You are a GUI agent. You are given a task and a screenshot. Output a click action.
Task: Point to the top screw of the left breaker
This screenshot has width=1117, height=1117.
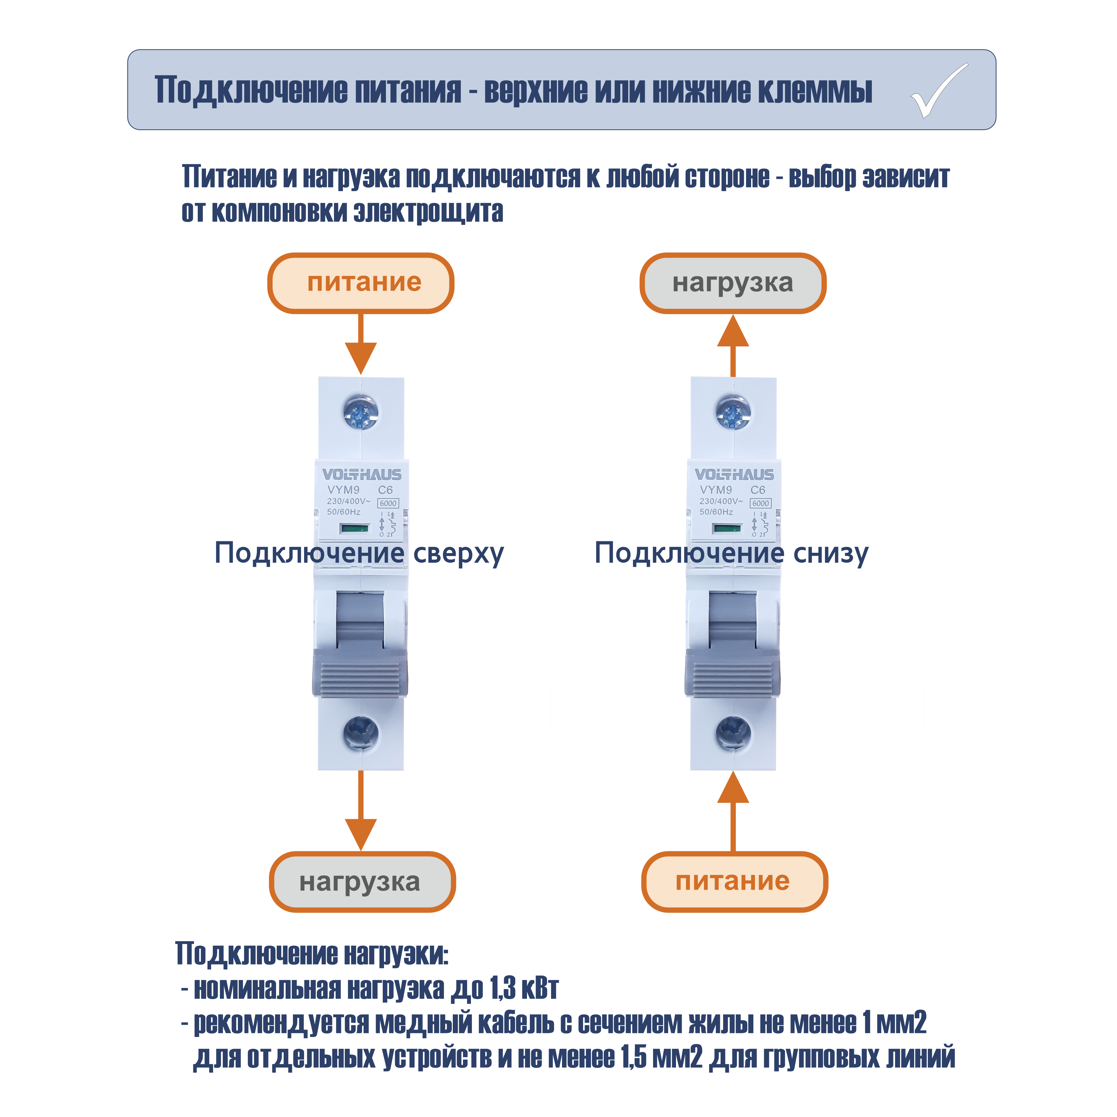coord(361,412)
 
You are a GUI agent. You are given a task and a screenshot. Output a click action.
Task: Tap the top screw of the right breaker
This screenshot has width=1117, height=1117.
coord(733,412)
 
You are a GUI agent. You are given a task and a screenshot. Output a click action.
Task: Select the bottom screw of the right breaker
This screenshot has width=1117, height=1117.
coord(733,733)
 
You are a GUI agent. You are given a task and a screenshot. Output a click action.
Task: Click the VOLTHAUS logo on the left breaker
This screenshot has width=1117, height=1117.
coord(361,475)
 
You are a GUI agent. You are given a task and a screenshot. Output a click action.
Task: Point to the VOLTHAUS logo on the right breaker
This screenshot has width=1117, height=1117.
coord(734,475)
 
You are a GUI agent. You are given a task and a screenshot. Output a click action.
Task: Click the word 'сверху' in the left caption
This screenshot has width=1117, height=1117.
coord(459,554)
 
